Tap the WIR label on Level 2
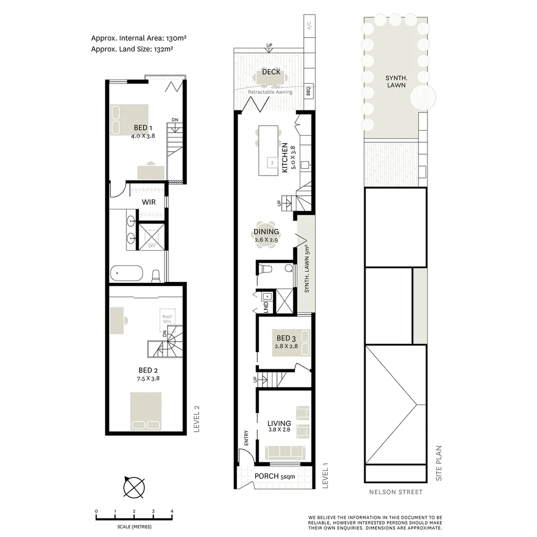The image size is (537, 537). (149, 202)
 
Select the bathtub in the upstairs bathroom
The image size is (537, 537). (126, 273)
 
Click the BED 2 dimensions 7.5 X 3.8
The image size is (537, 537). (149, 378)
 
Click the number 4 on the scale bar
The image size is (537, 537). (172, 511)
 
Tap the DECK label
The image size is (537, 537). (271, 72)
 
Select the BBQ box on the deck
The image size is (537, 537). (308, 91)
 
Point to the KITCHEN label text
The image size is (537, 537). (285, 158)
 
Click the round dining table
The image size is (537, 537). (266, 235)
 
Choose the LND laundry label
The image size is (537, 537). (266, 306)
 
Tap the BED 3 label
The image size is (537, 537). (286, 339)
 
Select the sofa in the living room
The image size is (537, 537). (285, 452)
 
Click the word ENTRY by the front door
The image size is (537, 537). (246, 438)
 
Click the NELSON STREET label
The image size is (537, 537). (396, 492)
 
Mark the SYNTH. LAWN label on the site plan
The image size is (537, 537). (396, 82)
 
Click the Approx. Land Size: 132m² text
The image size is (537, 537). (132, 49)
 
